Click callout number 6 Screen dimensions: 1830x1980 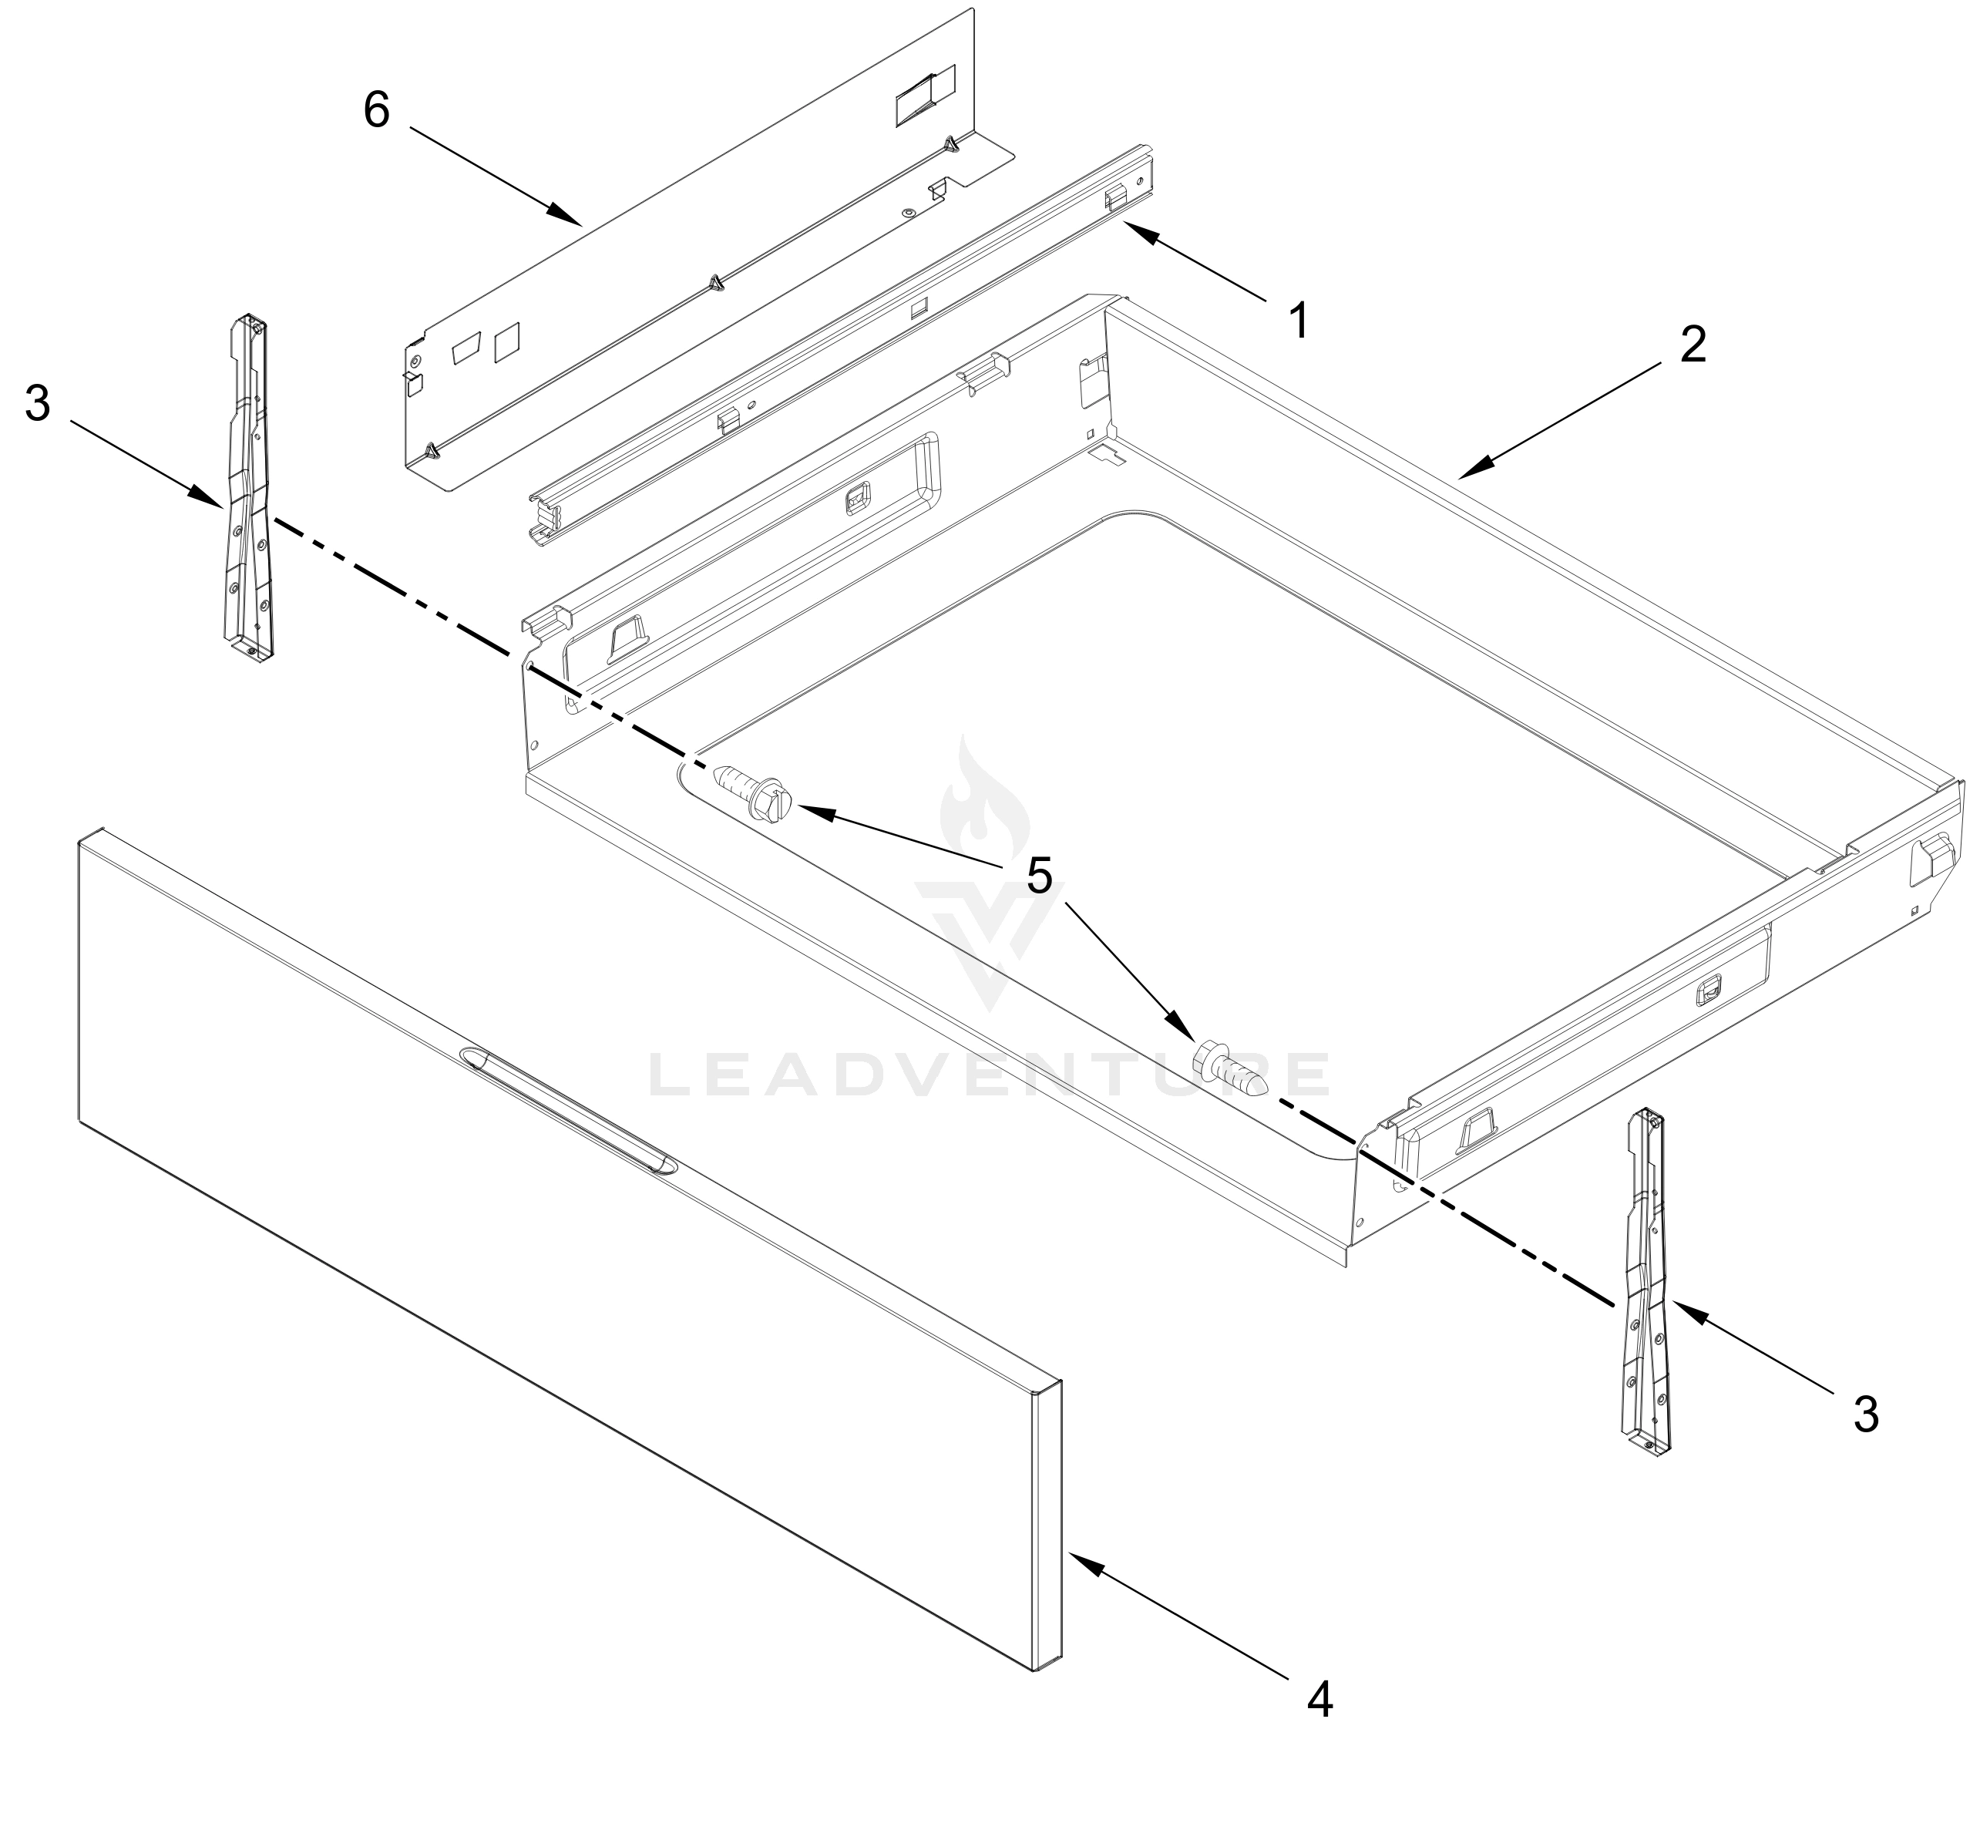[376, 110]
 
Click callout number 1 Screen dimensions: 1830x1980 [1300, 321]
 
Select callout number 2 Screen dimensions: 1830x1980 [1693, 345]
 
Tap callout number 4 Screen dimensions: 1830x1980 [1319, 1699]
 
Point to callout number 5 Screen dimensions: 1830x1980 [1038, 876]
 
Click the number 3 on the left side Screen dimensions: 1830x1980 [38, 404]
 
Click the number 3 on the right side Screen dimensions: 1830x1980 [1865, 1414]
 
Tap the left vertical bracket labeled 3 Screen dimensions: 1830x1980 [246, 485]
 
